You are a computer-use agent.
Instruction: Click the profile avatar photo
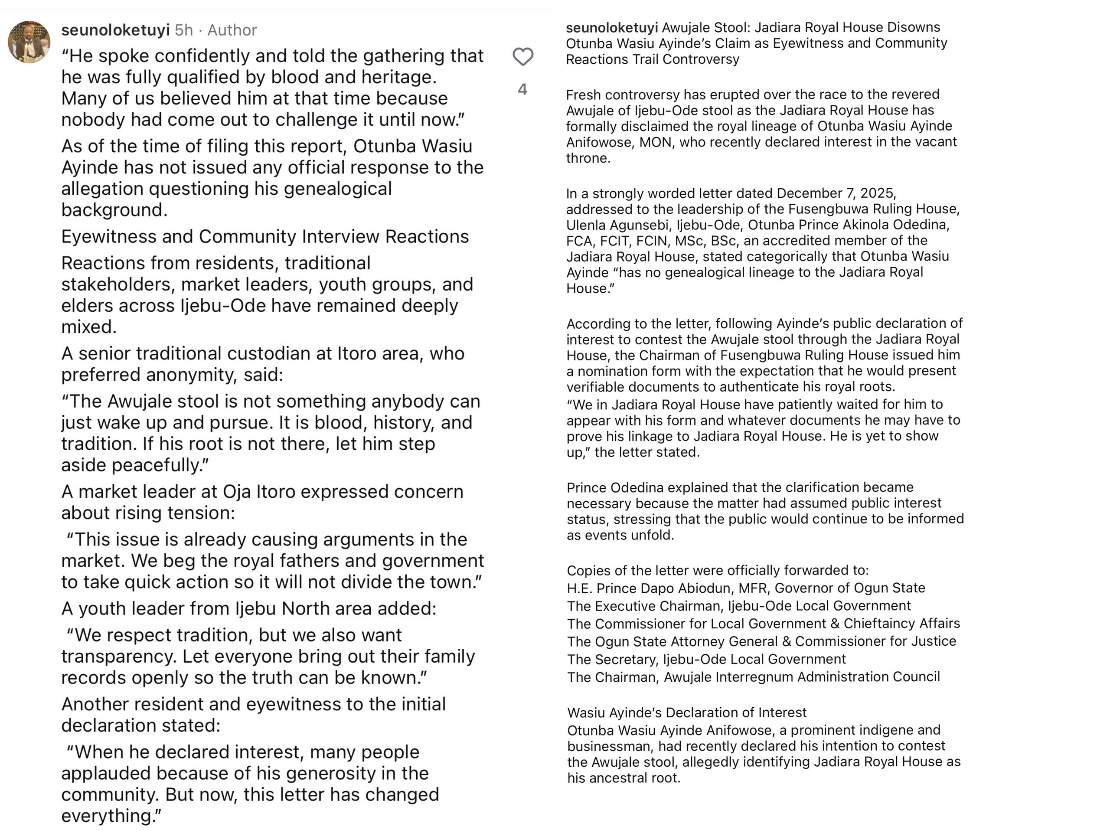click(x=29, y=42)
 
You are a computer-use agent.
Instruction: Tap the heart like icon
click(x=522, y=57)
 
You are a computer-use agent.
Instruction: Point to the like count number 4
click(x=522, y=89)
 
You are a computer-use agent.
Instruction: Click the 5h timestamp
click(x=184, y=30)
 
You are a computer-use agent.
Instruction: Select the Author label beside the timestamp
click(x=232, y=30)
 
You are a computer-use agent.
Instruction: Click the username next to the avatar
click(x=115, y=30)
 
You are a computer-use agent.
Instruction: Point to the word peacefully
click(x=160, y=465)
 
